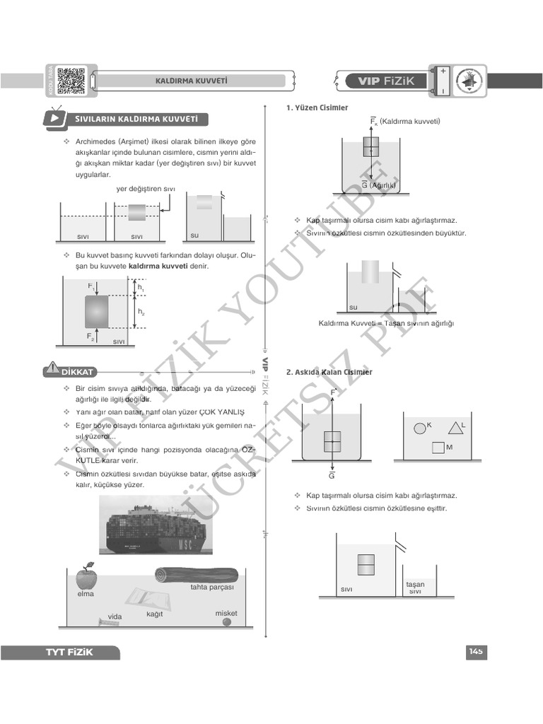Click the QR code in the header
[x=71, y=80]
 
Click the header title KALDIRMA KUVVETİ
[x=191, y=81]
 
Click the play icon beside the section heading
[x=54, y=118]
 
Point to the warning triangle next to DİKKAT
[x=52, y=369]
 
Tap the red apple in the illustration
[x=86, y=578]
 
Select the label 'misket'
[x=226, y=613]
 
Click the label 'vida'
[x=115, y=617]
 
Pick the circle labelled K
[x=419, y=427]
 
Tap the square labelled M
[x=438, y=448]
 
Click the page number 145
[x=474, y=651]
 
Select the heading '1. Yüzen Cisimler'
[x=317, y=108]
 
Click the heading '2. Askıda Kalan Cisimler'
[x=329, y=372]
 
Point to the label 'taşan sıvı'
[x=415, y=588]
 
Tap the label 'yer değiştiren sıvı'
[x=146, y=189]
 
